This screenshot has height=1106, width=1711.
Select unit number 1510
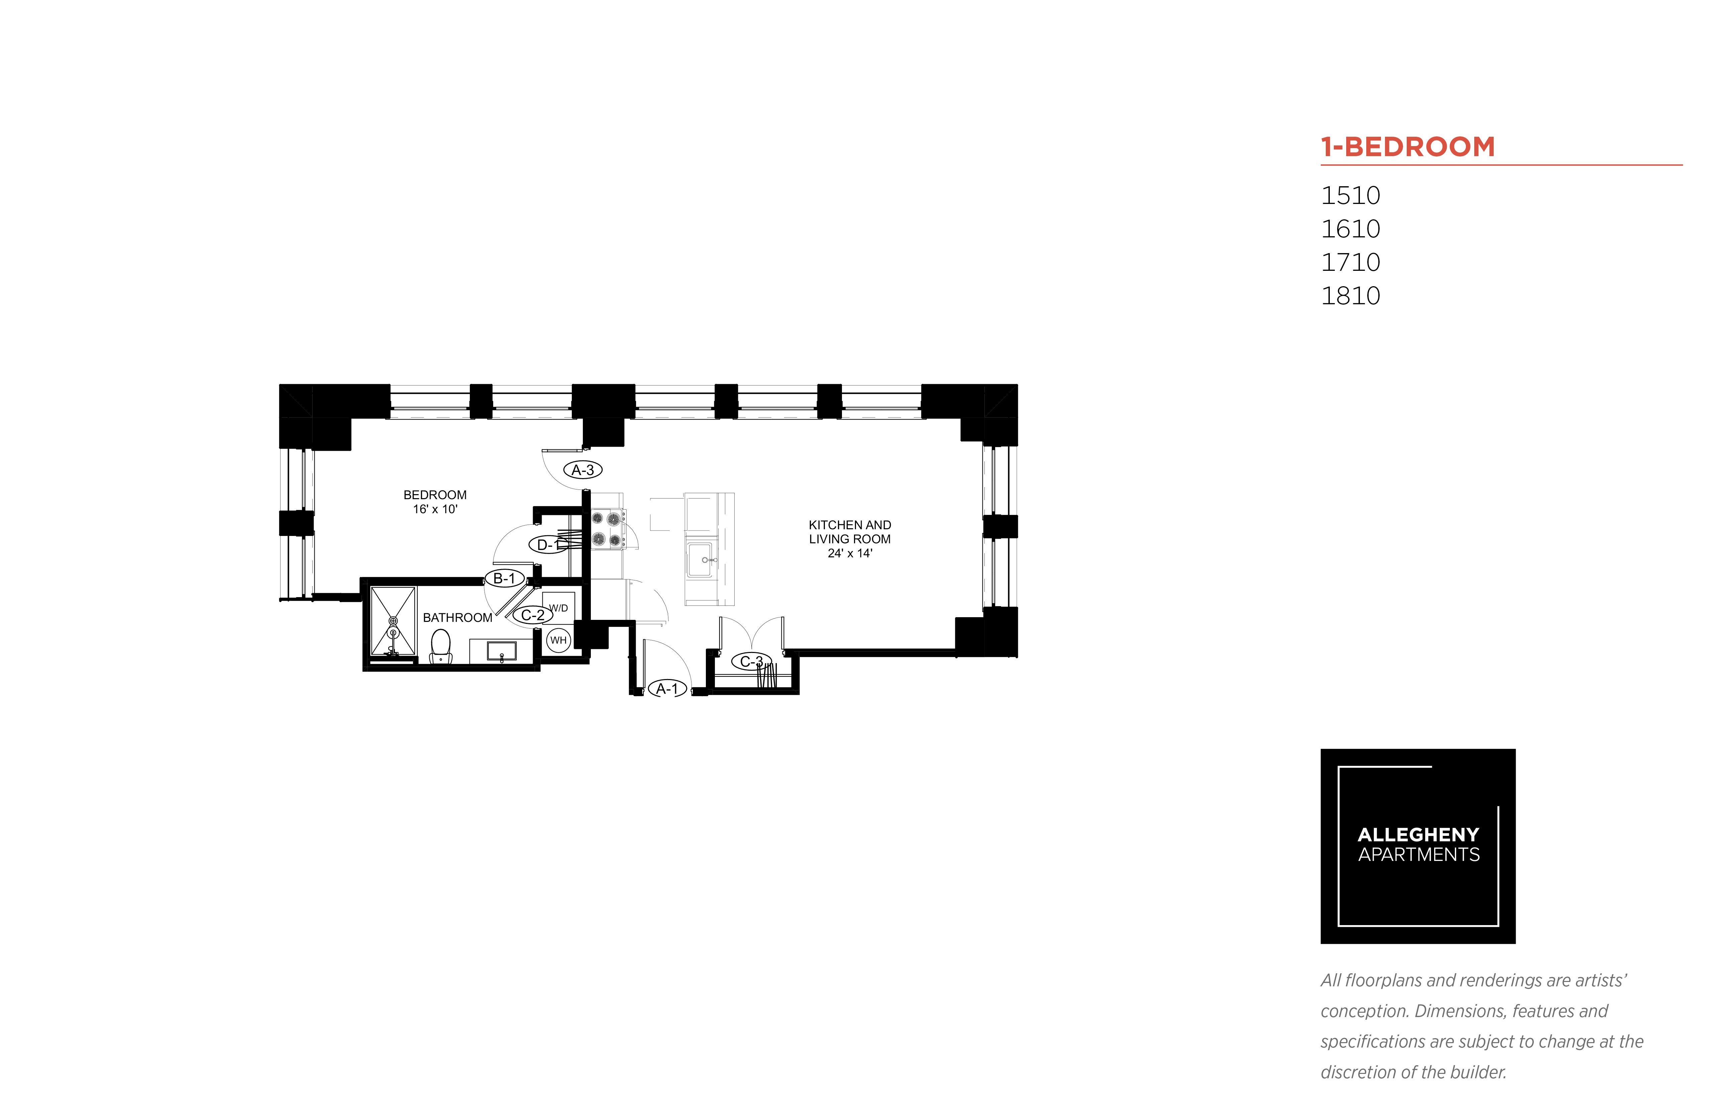[x=1351, y=195]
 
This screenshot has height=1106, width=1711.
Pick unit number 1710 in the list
[x=1351, y=262]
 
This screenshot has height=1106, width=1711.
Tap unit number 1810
[x=1351, y=296]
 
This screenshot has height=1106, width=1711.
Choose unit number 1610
[x=1351, y=229]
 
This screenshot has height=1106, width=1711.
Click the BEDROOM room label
[x=435, y=495]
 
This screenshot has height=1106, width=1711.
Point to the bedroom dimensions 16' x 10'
[x=435, y=509]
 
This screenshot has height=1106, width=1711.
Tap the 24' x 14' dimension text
[x=850, y=553]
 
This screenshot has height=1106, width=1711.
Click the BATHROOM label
[x=457, y=618]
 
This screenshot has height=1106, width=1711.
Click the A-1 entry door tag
[x=667, y=689]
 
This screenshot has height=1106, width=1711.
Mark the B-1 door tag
[x=504, y=578]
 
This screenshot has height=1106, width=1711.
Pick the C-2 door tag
[x=532, y=615]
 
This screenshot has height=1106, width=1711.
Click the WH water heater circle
[x=558, y=640]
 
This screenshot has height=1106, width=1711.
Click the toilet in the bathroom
[x=440, y=646]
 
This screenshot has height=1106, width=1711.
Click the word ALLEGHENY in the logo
[x=1418, y=835]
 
